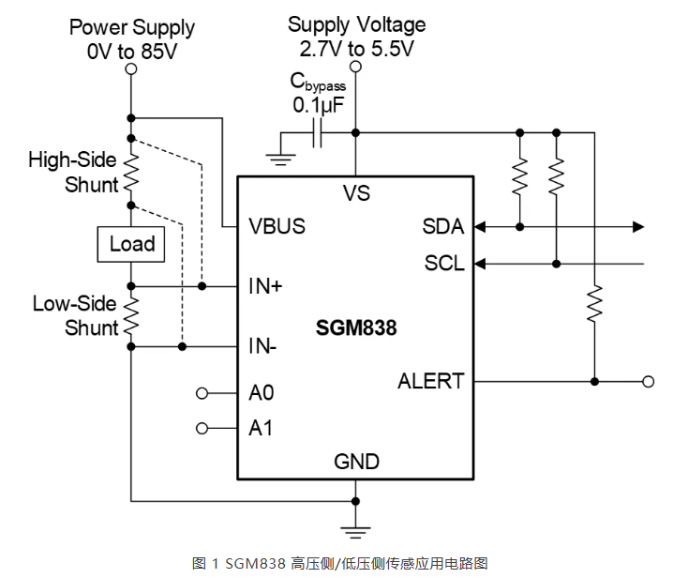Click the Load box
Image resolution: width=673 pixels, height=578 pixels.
click(x=131, y=244)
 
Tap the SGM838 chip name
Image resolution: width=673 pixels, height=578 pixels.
click(x=356, y=327)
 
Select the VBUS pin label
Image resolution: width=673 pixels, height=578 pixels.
click(x=277, y=226)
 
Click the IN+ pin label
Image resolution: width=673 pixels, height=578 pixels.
click(x=265, y=286)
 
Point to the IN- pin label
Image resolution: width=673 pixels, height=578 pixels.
click(x=262, y=346)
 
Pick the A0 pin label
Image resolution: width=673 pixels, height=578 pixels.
click(x=261, y=393)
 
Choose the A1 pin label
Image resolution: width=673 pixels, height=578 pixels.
click(x=261, y=429)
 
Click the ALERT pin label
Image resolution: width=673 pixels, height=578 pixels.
click(x=431, y=381)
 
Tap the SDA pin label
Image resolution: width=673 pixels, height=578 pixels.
click(x=443, y=226)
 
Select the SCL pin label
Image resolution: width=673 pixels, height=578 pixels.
click(x=444, y=263)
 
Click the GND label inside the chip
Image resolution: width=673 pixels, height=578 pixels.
click(x=357, y=462)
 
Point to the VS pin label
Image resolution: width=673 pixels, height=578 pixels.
click(x=356, y=193)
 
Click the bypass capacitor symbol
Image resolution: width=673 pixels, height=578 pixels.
click(x=317, y=133)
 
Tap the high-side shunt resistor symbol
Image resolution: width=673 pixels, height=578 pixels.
click(x=131, y=172)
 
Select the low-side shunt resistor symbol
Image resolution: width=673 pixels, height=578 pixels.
click(x=131, y=316)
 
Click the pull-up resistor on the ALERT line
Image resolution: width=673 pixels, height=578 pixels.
click(x=594, y=303)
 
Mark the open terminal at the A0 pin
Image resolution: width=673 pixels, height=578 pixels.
click(x=202, y=393)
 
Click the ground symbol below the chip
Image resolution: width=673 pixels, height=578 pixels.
click(x=355, y=532)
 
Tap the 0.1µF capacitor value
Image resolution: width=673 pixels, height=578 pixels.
click(x=319, y=105)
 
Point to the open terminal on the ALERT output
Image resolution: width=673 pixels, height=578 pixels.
click(x=648, y=382)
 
